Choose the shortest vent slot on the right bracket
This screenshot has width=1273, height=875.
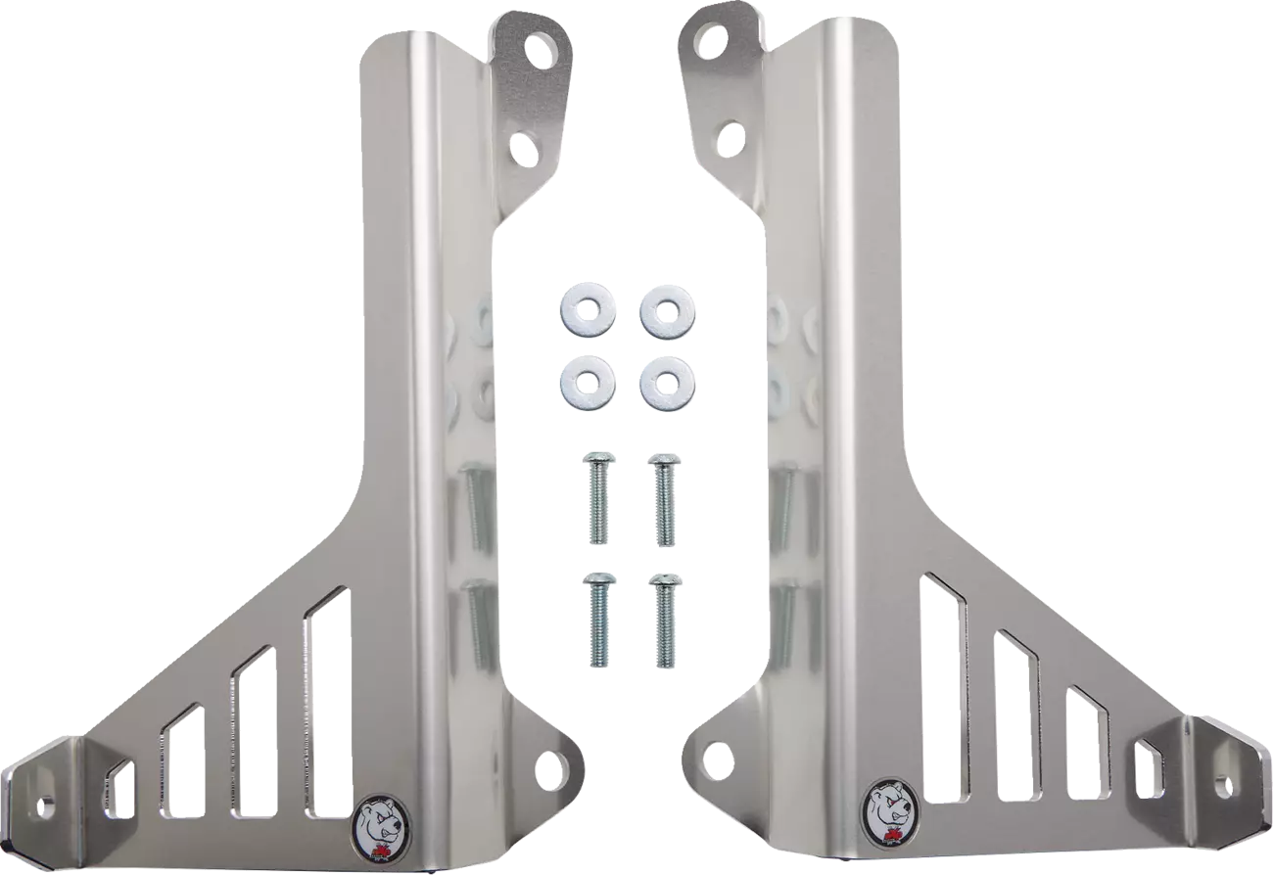(1143, 768)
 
